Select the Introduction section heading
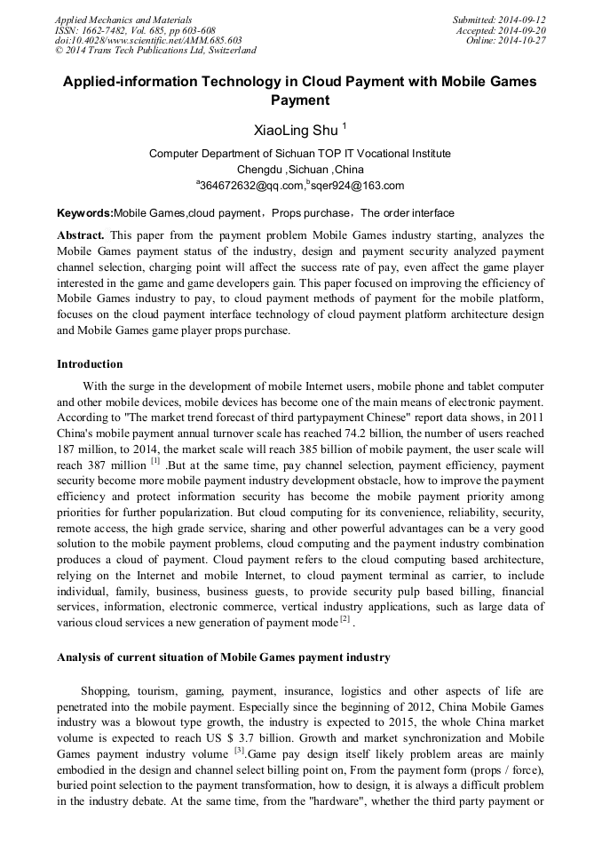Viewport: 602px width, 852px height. tap(90, 364)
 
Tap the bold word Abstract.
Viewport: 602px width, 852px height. tap(80, 235)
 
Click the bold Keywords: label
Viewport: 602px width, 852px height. tap(85, 213)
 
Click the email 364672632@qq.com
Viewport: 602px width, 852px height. tap(251, 186)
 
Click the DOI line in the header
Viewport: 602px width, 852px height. tap(148, 41)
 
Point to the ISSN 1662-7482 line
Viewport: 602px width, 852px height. tap(135, 30)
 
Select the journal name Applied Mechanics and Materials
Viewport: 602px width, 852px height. tap(123, 20)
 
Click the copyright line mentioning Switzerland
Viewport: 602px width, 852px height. tap(155, 51)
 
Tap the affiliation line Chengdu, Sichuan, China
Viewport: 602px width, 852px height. tap(300, 169)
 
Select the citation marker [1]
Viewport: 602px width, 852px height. tap(155, 461)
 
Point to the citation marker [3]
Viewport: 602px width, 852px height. tap(239, 750)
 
